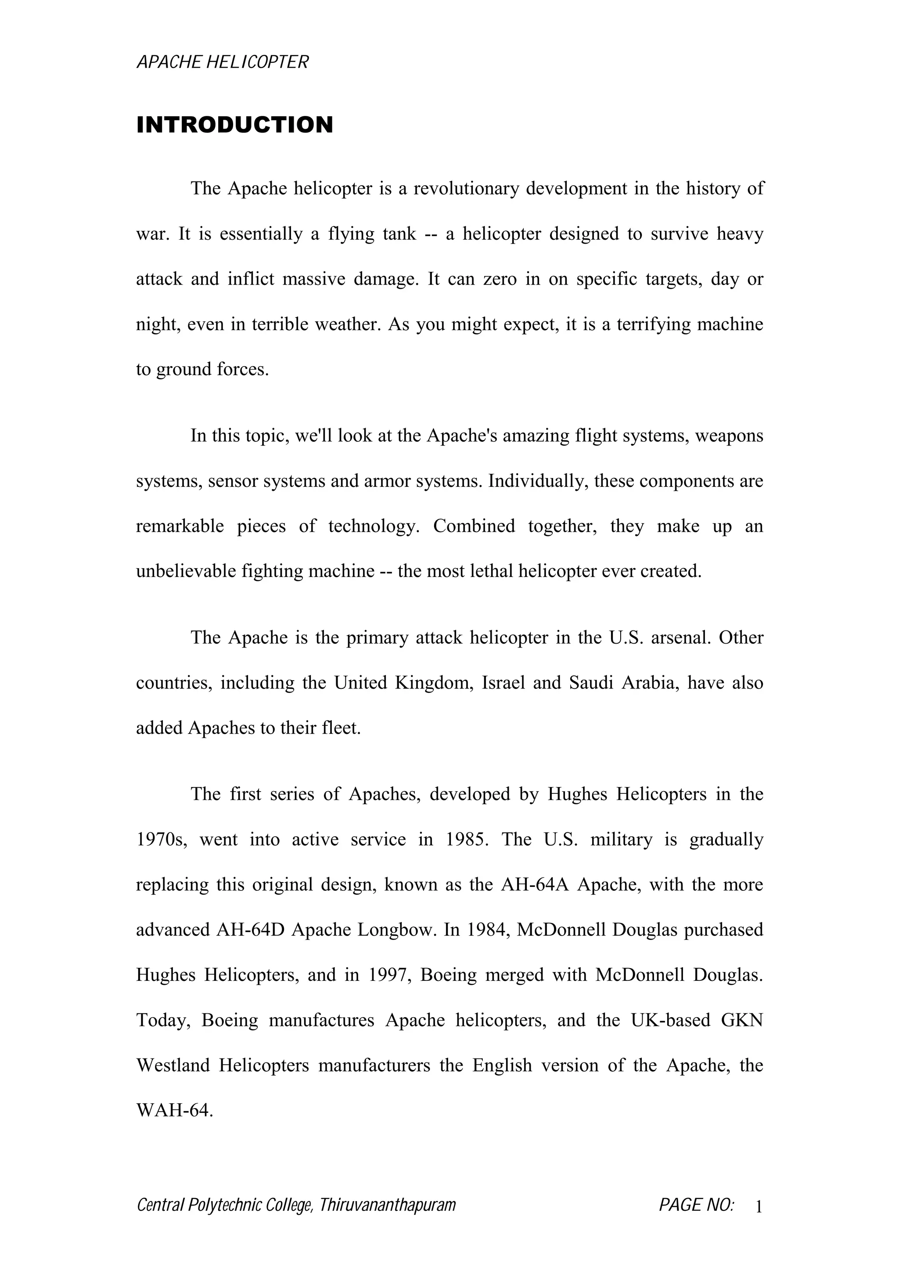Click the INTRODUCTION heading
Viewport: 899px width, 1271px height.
pos(235,125)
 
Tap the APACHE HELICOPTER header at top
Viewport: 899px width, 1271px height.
pos(222,62)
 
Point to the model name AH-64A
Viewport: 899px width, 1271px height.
pos(535,885)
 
